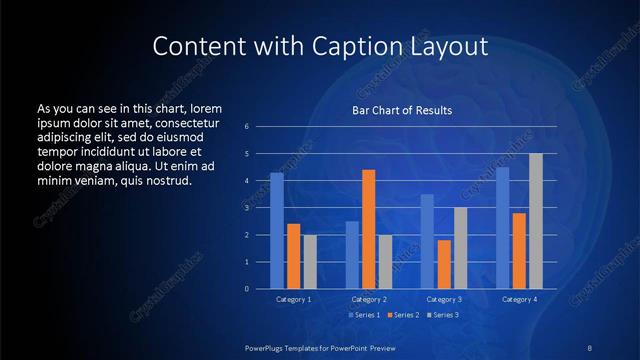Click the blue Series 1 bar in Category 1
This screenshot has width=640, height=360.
277,231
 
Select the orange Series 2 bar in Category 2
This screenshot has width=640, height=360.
369,229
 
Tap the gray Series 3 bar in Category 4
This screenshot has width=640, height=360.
536,221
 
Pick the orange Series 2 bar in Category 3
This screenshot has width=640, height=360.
444,264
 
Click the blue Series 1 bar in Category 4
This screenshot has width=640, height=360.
503,228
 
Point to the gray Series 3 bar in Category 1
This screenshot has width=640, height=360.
310,262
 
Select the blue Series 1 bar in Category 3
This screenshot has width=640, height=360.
427,241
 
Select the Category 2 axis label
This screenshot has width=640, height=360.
368,299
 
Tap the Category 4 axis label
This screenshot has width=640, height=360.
519,299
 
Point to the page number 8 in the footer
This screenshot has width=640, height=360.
589,347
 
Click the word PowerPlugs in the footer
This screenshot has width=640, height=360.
268,347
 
